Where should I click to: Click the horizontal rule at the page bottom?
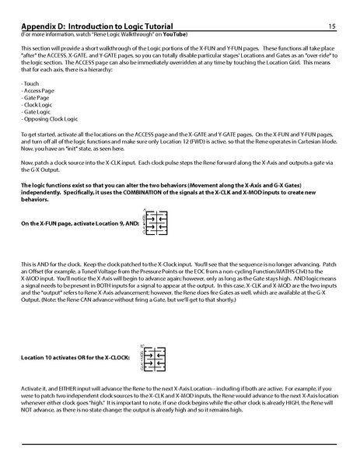pos(180,443)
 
